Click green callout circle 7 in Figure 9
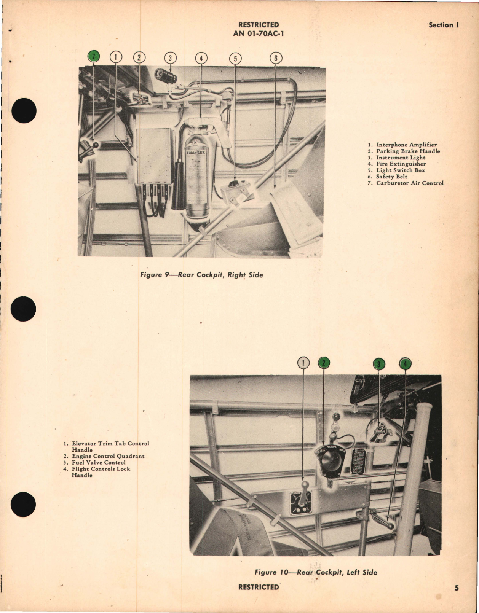click(x=93, y=57)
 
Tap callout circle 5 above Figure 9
click(x=235, y=58)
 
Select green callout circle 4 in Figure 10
click(x=405, y=364)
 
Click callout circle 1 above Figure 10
click(x=303, y=363)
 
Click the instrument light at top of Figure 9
click(x=166, y=75)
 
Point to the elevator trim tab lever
click(x=304, y=495)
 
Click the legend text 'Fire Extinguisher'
click(x=401, y=164)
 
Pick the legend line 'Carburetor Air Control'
click(x=409, y=183)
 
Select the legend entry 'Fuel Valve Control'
click(x=98, y=462)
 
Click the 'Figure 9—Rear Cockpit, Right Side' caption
click(x=201, y=275)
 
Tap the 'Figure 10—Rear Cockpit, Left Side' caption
click(x=316, y=572)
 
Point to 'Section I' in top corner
click(x=443, y=25)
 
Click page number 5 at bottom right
click(x=456, y=588)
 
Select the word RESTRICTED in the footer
click(x=258, y=587)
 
